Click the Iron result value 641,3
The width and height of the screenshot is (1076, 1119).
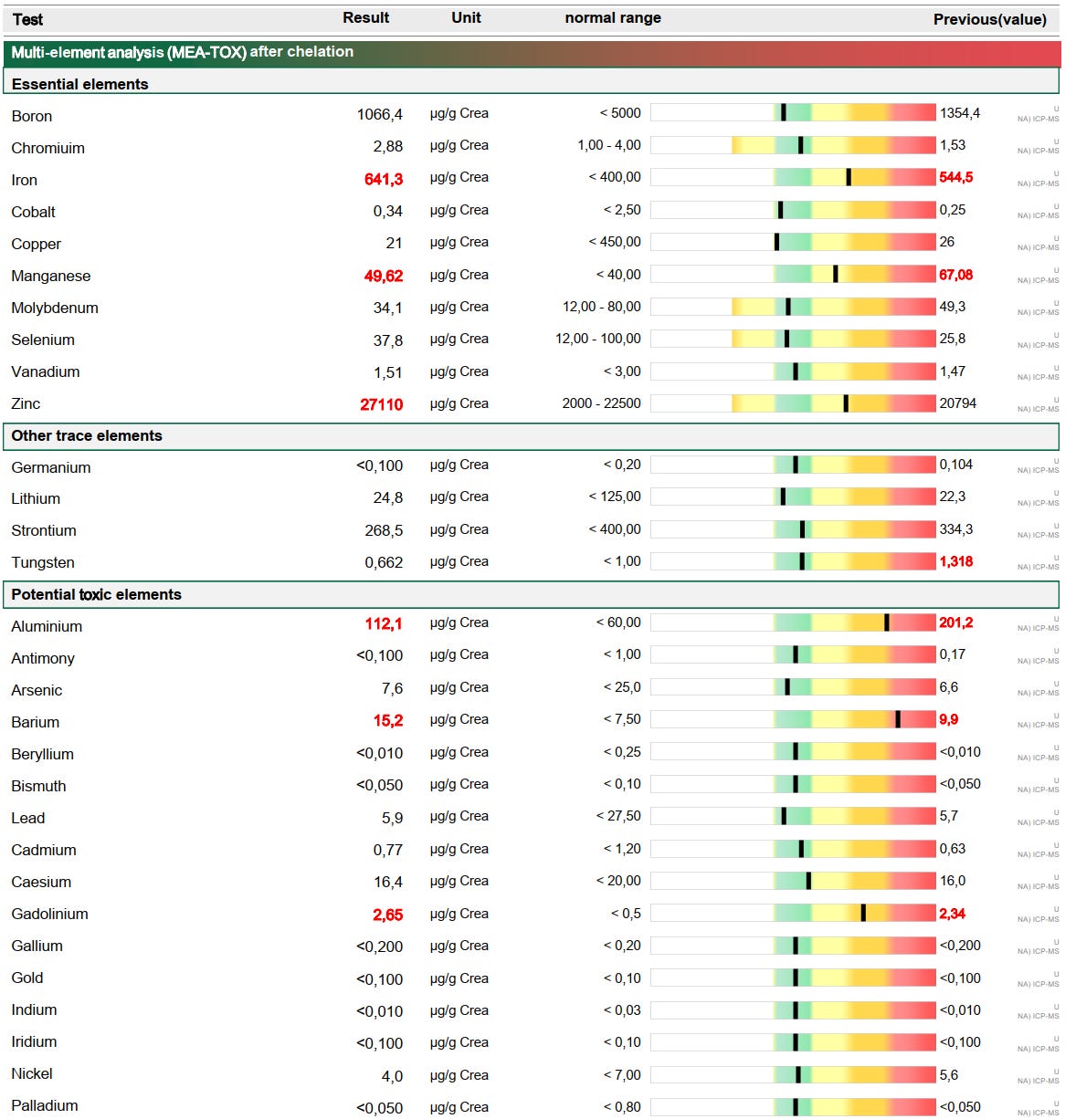tap(384, 179)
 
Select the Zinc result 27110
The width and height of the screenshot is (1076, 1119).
tap(382, 404)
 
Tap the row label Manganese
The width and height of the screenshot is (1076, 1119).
tap(51, 276)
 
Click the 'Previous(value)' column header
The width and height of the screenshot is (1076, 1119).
tap(989, 19)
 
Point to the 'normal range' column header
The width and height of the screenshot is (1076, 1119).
tap(613, 17)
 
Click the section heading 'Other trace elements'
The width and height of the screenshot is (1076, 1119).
tap(87, 435)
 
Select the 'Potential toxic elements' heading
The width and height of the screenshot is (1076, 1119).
tap(96, 594)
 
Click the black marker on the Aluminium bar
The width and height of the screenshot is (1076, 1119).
tap(886, 622)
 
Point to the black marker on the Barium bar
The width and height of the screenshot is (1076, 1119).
tap(898, 719)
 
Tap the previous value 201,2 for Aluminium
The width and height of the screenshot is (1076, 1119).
tap(956, 622)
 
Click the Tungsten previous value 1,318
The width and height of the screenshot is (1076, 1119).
tap(956, 561)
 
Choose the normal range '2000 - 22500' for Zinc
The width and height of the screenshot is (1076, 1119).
tap(601, 403)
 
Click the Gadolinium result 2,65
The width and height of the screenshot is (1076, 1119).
tap(387, 915)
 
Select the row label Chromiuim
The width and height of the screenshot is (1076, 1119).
tap(47, 148)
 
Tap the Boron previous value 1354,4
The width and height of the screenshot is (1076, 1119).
tap(960, 113)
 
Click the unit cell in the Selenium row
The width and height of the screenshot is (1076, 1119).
tap(459, 339)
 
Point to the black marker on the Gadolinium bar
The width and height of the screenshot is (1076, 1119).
tap(863, 913)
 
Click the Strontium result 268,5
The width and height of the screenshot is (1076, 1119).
tap(384, 530)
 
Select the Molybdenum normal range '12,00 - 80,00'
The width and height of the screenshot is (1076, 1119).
tap(601, 307)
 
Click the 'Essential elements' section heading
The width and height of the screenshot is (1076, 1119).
tap(79, 84)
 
